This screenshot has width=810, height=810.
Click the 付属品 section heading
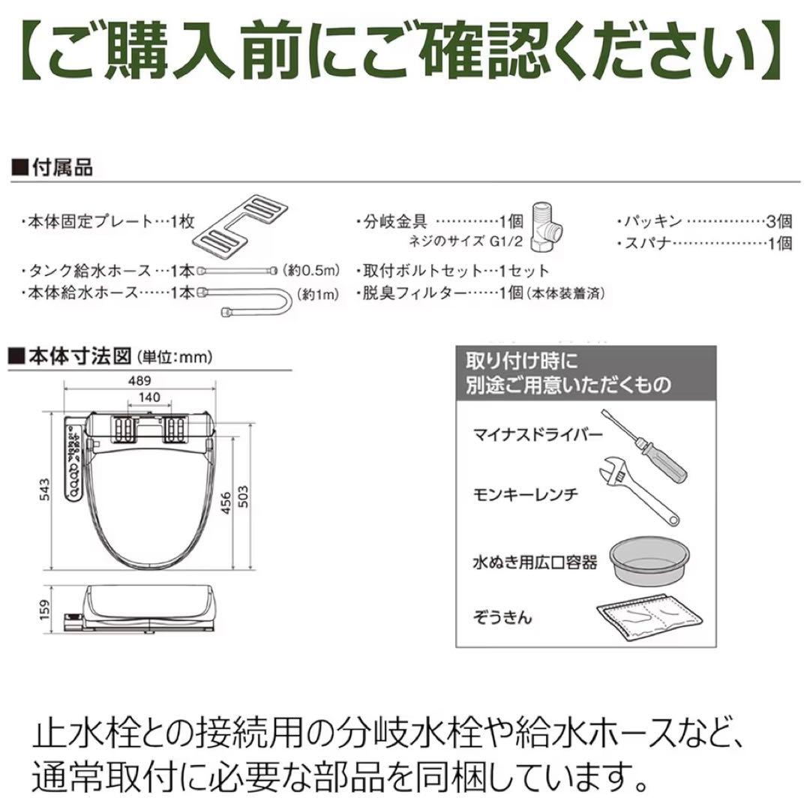point(61,169)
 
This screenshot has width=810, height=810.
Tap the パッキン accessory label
point(651,221)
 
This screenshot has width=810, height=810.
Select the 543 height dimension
point(44,491)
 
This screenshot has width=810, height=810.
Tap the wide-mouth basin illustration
point(649,558)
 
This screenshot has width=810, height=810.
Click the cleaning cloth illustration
point(649,616)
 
